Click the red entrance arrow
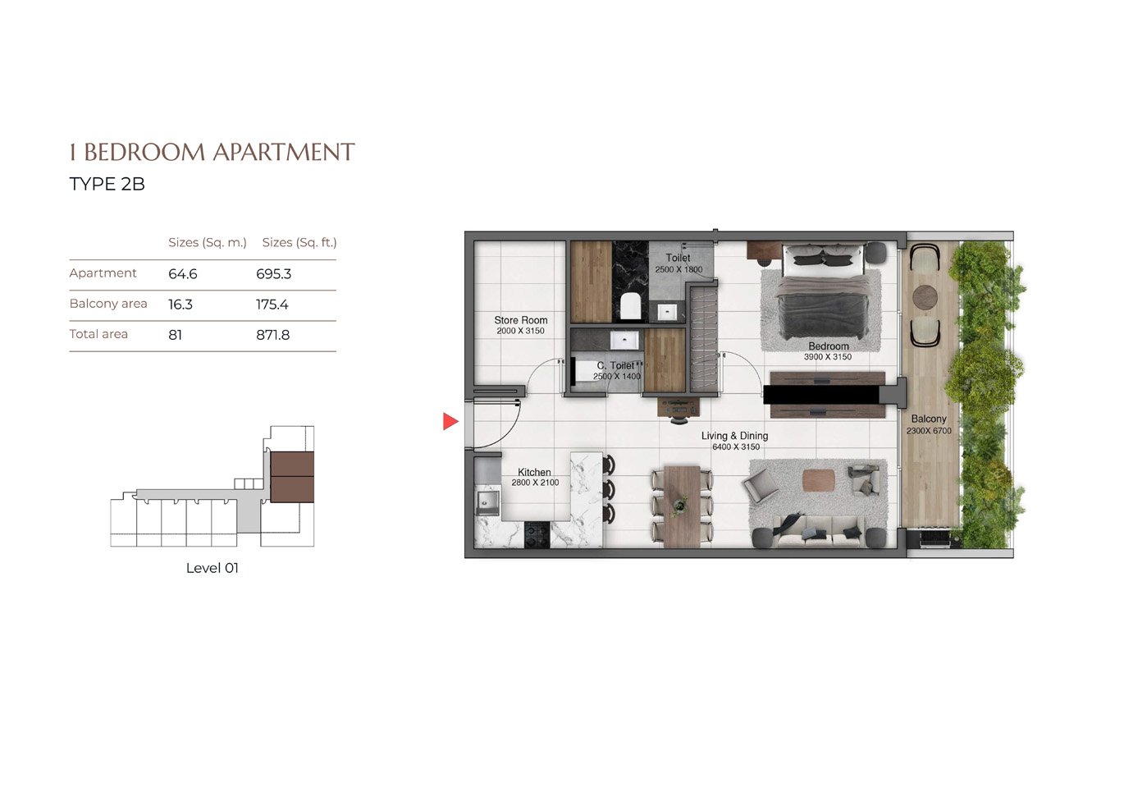450,421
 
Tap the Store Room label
520,320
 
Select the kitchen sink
487,502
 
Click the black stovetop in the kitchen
537,534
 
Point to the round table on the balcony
925,297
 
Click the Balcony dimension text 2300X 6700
929,431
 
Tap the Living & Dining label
734,436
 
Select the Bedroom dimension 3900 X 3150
828,357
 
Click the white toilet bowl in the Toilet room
631,306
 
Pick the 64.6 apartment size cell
183,274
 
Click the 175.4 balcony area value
272,305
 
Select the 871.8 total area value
273,335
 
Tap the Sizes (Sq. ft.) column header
299,243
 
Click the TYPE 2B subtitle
107,184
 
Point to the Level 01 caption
212,568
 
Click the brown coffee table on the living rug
819,480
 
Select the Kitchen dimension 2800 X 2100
535,483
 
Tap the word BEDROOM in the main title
144,152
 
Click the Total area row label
98,334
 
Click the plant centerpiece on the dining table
680,505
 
